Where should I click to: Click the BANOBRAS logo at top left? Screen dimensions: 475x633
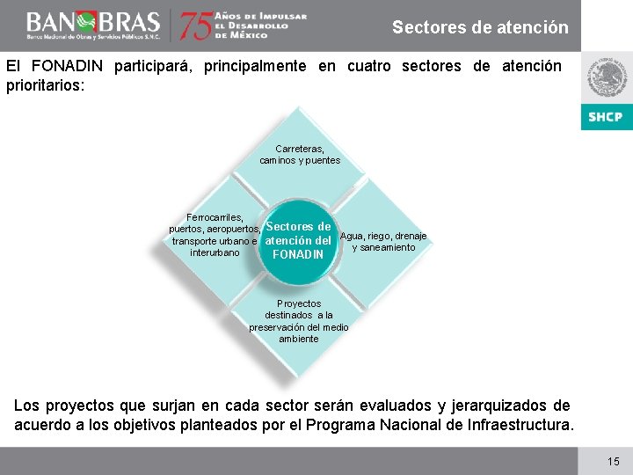92,24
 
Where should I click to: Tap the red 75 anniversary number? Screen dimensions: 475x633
196,26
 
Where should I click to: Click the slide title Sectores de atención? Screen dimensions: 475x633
480,27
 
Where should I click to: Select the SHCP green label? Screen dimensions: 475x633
606,117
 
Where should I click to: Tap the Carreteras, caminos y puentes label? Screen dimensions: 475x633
300,155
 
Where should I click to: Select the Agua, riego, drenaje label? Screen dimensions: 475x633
383,241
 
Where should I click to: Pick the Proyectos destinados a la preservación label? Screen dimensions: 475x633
299,321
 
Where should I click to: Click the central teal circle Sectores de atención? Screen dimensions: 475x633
298,241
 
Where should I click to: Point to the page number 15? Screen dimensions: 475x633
613,461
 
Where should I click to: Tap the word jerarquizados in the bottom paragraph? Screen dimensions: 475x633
499,406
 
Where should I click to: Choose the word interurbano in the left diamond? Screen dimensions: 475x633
215,252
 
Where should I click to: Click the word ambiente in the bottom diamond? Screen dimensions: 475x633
299,339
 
